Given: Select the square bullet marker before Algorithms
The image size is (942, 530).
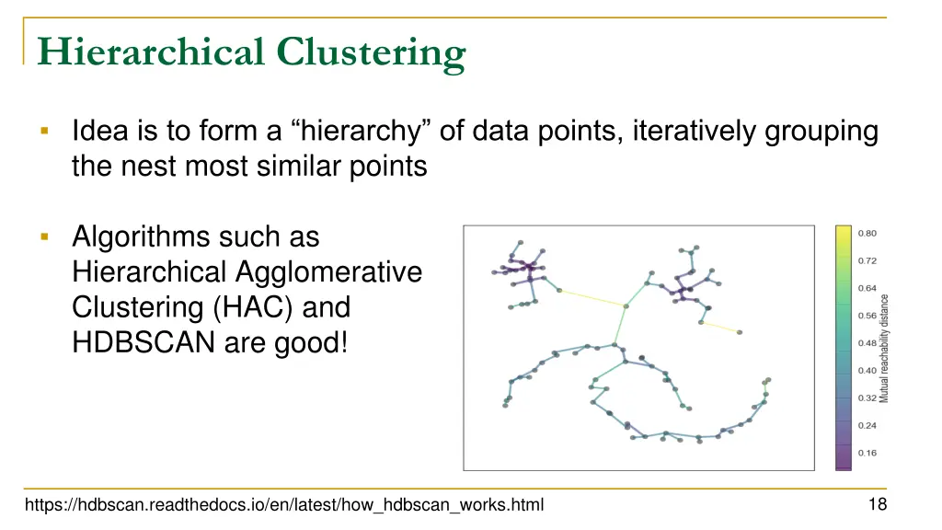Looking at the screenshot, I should pyautogui.click(x=44, y=236).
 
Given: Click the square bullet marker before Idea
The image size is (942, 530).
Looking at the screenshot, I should pyautogui.click(x=44, y=132).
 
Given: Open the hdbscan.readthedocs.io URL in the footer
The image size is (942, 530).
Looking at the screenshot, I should pyautogui.click(x=284, y=504).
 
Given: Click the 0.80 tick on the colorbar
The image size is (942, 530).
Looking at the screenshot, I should pyautogui.click(x=867, y=234).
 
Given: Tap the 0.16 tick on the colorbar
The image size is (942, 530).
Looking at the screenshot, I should pyautogui.click(x=867, y=453).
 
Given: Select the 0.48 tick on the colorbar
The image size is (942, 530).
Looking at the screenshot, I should pyautogui.click(x=867, y=343).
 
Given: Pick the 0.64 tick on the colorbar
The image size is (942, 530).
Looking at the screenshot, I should pyautogui.click(x=867, y=288).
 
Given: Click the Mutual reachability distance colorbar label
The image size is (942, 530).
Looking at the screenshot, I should pyautogui.click(x=885, y=348).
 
